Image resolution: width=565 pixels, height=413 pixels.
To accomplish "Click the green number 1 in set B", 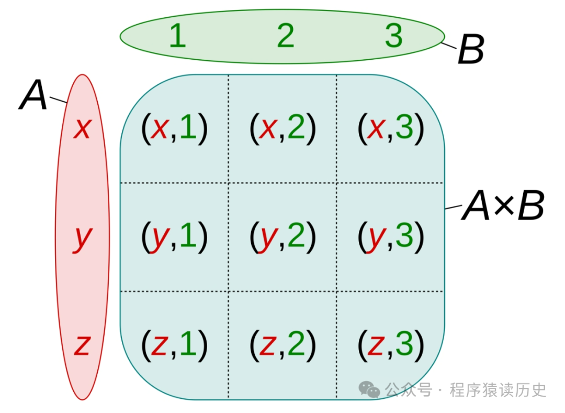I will coord(177,36).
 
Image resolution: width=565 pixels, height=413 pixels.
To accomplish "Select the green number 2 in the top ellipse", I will coord(286,36).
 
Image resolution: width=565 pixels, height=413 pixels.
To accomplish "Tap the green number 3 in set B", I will coord(393,36).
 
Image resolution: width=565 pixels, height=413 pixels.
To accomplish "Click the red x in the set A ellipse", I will coord(82,128).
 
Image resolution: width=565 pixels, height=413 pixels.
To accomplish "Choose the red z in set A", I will coord(82,345).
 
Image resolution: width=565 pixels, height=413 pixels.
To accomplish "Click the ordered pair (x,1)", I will coord(174,129).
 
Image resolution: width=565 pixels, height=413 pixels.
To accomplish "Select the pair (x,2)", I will coord(282,129).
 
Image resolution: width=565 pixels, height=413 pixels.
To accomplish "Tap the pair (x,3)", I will coord(390,129).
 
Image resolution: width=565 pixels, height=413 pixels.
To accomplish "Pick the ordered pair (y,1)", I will coord(174,237).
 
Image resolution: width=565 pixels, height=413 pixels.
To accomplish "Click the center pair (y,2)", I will coord(282,237).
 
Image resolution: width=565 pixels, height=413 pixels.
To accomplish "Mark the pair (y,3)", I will coord(390,237).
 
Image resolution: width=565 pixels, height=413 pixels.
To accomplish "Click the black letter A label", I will coord(33,96).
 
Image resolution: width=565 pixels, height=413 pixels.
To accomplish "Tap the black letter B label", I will coord(471,51).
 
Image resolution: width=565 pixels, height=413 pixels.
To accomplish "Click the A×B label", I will coord(503,206).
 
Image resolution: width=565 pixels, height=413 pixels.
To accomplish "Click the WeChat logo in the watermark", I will coord(370,390).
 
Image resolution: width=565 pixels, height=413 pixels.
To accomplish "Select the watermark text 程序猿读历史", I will coord(498,390).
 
